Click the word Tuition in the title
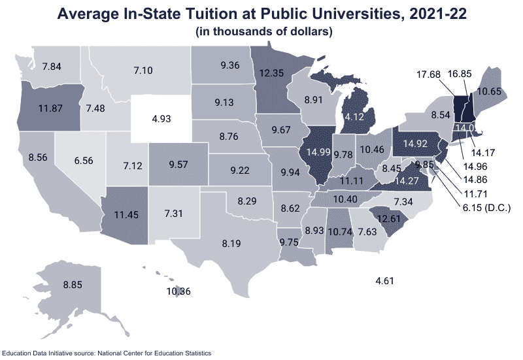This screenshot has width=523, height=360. (205, 14)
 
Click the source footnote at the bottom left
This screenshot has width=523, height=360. (107, 353)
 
